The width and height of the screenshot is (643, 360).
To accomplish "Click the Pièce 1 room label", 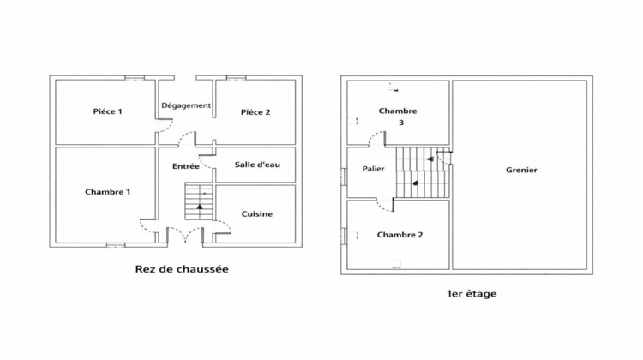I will coord(108,111).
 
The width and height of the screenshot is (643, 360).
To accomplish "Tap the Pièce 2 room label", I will coord(255,111).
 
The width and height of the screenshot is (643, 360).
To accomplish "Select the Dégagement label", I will coord(186,105).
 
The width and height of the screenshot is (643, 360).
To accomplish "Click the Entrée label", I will coord(185,166).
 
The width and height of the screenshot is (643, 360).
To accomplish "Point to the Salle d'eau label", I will coord(255,165).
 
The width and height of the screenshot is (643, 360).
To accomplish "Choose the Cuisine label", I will coord(256,214).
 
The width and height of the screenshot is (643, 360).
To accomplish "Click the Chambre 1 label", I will coord(108,192).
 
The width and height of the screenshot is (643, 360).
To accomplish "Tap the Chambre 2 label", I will coord(400,235).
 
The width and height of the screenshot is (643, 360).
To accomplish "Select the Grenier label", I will coord(521,171).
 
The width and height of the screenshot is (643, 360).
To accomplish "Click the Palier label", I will coord(373,169).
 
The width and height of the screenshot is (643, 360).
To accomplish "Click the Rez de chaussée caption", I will coord(182,269).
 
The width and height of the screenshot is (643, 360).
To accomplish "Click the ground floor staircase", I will coord(199,202).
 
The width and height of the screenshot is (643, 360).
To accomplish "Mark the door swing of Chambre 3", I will coord(376,140).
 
